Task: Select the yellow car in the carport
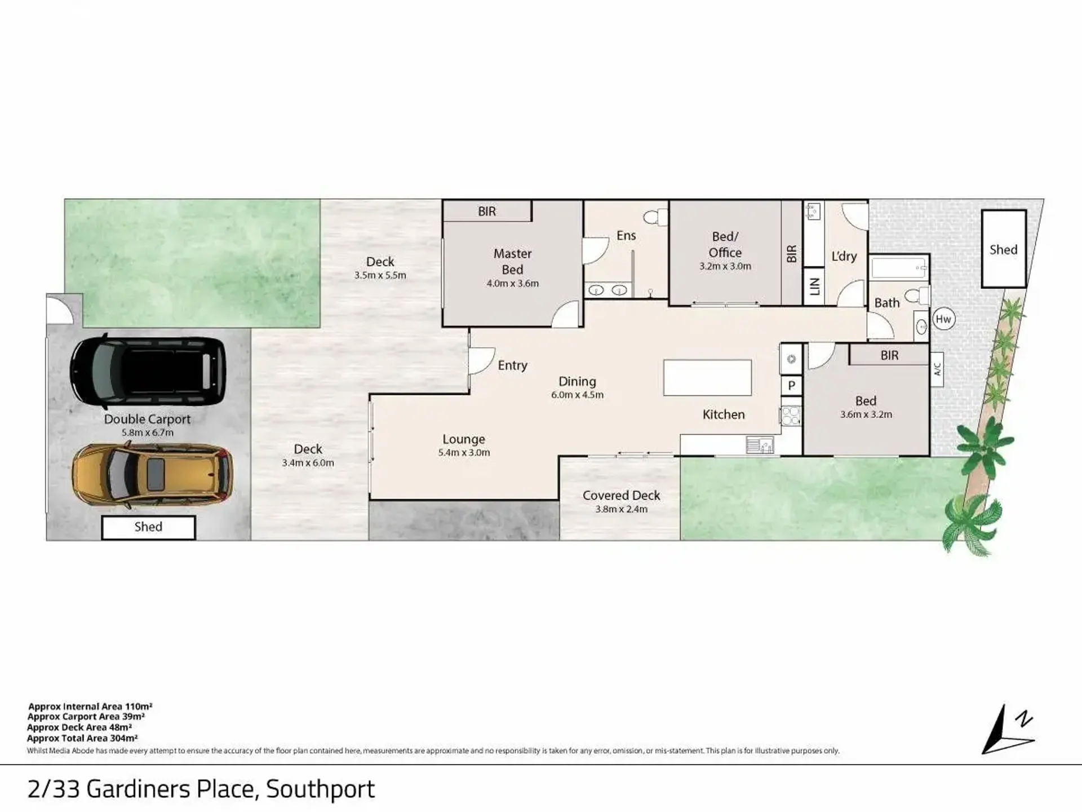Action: tap(152, 474)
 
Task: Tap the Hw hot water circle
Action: tap(943, 319)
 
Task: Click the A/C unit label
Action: tap(937, 369)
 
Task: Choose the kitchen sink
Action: tap(760, 445)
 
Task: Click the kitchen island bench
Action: tap(707, 378)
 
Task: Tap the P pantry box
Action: tap(791, 386)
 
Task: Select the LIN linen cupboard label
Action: tap(814, 286)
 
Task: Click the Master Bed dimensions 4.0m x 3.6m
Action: tap(512, 284)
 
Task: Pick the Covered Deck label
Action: tap(621, 495)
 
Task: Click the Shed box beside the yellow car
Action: tap(148, 527)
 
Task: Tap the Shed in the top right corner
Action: tap(1004, 249)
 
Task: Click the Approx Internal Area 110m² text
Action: tap(90, 707)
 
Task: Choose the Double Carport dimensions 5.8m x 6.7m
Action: tap(148, 433)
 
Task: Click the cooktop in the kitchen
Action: tap(791, 416)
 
